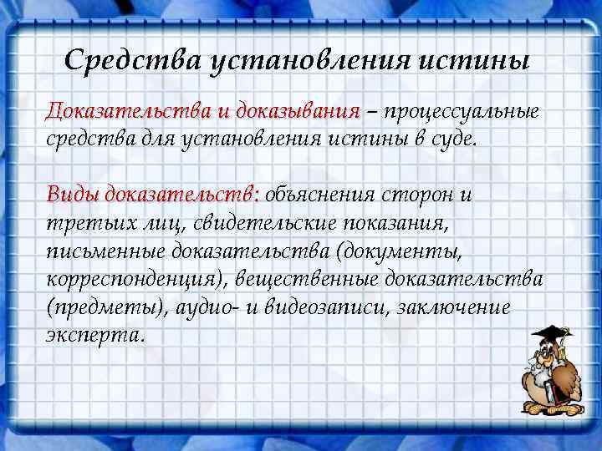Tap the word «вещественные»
pyautogui.click(x=298, y=278)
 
